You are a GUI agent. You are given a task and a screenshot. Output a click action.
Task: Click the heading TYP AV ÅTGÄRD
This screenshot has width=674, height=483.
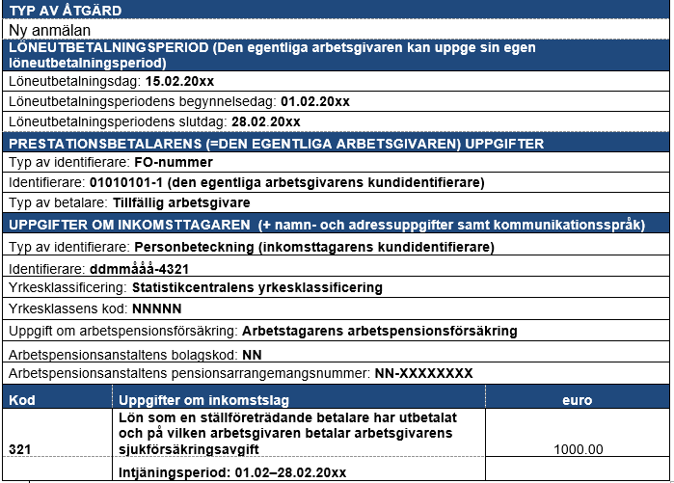tap(66, 12)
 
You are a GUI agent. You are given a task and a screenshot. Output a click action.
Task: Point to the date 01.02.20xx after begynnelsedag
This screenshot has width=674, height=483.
tap(314, 101)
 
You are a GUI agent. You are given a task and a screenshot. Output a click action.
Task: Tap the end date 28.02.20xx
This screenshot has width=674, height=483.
tap(266, 121)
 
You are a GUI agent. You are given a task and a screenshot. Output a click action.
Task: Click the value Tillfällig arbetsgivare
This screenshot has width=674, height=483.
tap(184, 202)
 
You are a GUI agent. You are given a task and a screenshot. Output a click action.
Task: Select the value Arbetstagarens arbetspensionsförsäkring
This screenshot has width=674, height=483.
tap(379, 330)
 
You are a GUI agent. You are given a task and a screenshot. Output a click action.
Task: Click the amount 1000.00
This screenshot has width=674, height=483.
tap(580, 449)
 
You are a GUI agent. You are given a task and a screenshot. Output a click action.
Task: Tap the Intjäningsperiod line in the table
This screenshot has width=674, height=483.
tap(231, 472)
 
